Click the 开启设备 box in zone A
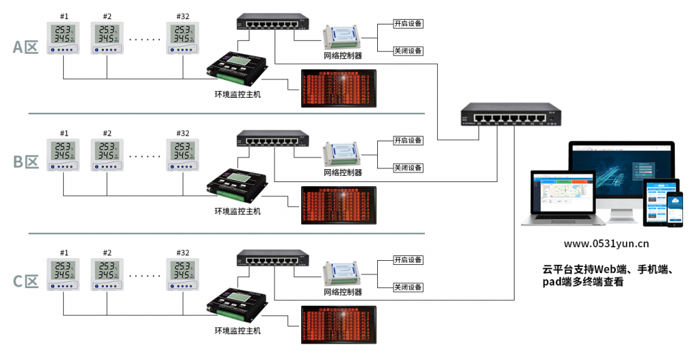[408, 24]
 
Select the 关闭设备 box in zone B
[408, 168]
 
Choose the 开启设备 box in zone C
[408, 260]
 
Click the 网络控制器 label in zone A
[343, 56]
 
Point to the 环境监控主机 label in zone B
[237, 211]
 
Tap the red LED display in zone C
[338, 326]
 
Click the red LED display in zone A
[338, 89]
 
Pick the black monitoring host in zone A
[241, 69]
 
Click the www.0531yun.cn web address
[607, 243]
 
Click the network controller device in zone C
[342, 272]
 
